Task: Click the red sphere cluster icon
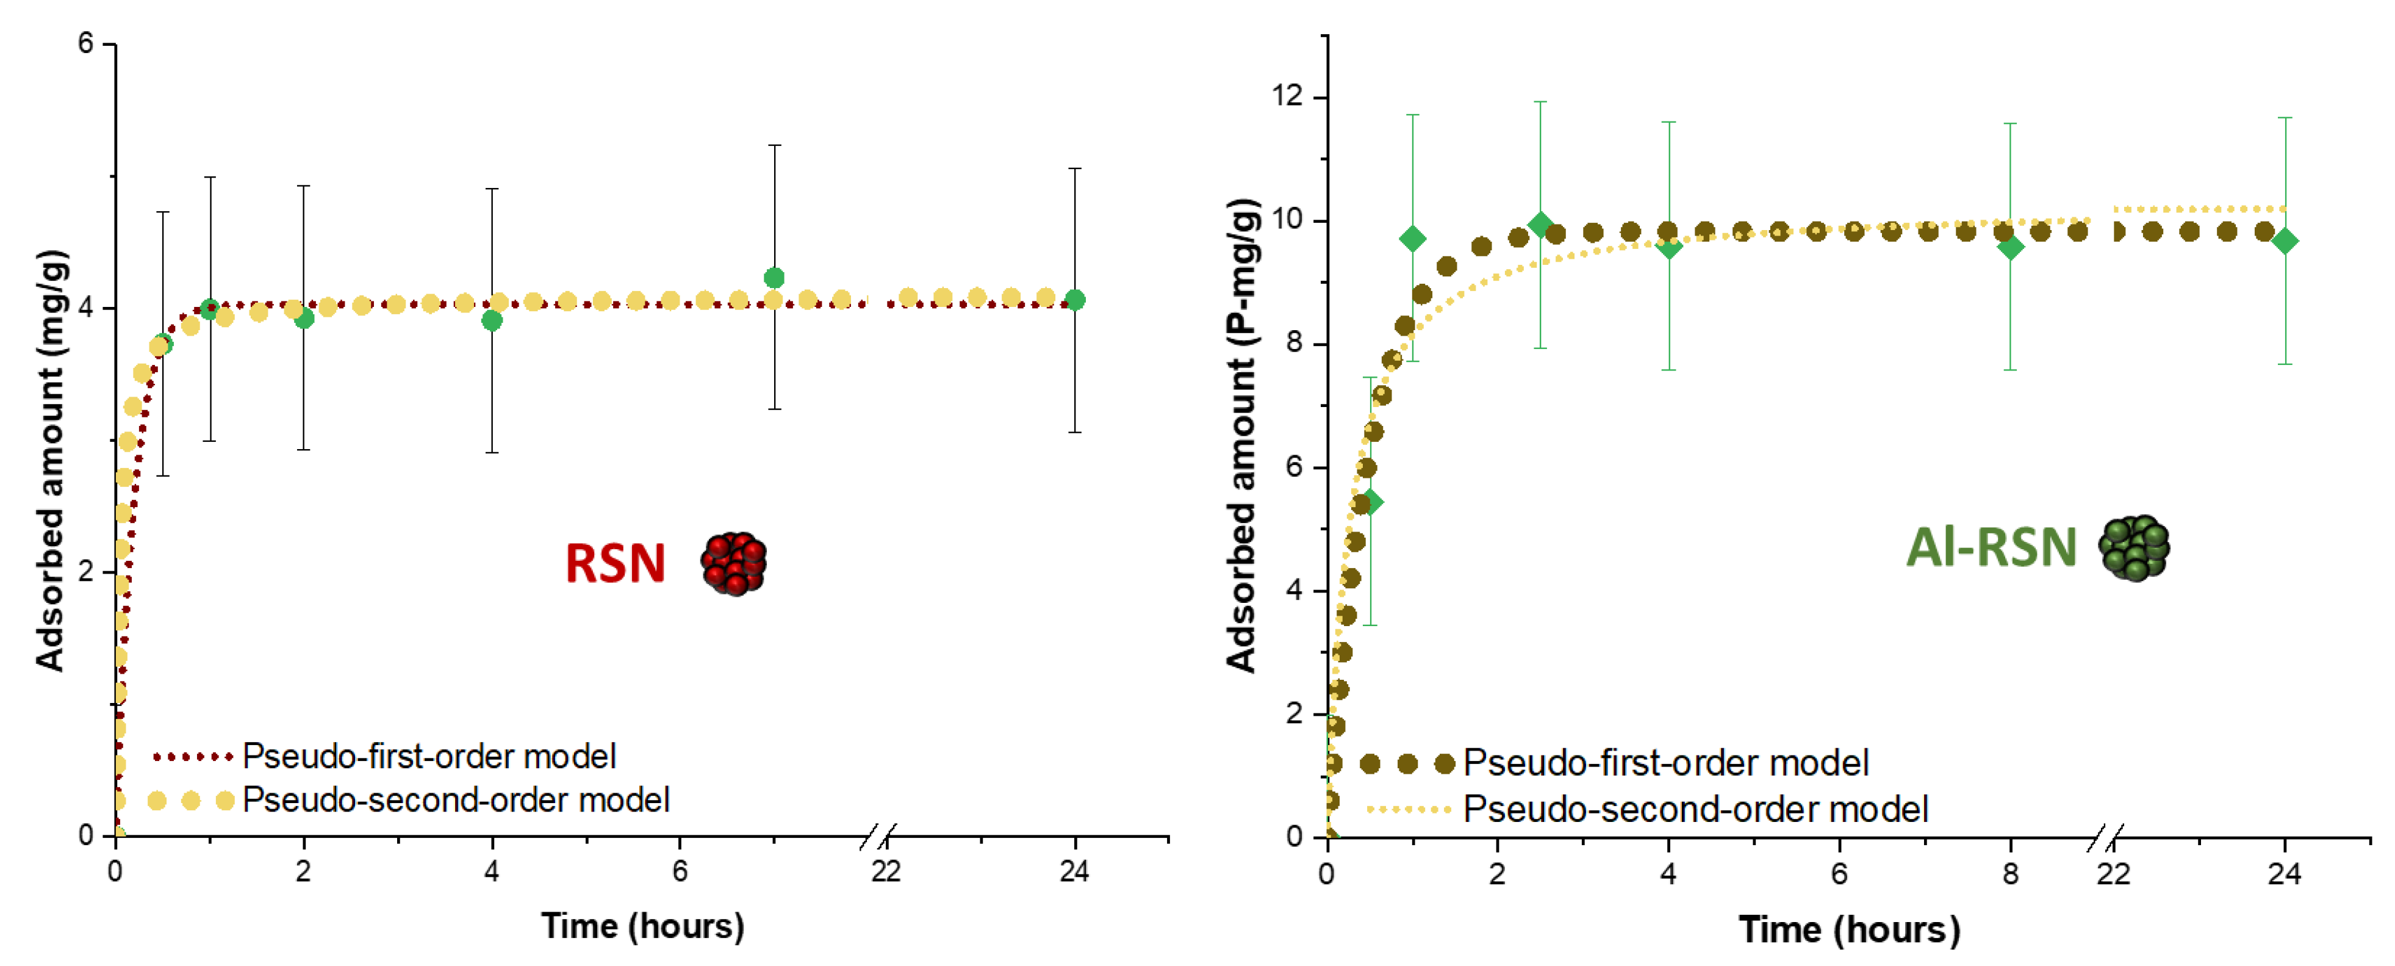(x=733, y=563)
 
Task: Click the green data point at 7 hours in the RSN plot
(x=774, y=278)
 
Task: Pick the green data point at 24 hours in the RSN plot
(x=1075, y=300)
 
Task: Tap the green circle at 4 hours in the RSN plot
(x=492, y=321)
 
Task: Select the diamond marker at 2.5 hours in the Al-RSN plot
(x=1540, y=225)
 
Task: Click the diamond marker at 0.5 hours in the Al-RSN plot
(x=1370, y=502)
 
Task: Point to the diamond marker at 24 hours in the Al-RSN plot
(x=2285, y=242)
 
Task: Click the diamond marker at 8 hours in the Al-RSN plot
(x=2010, y=247)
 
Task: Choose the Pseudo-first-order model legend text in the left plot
(x=429, y=757)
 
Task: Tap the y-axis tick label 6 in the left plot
(x=85, y=44)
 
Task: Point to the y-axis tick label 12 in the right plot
(x=1288, y=96)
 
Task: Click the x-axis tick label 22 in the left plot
(x=886, y=872)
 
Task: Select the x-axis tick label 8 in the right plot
(x=2010, y=874)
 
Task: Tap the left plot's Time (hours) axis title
(x=642, y=926)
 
